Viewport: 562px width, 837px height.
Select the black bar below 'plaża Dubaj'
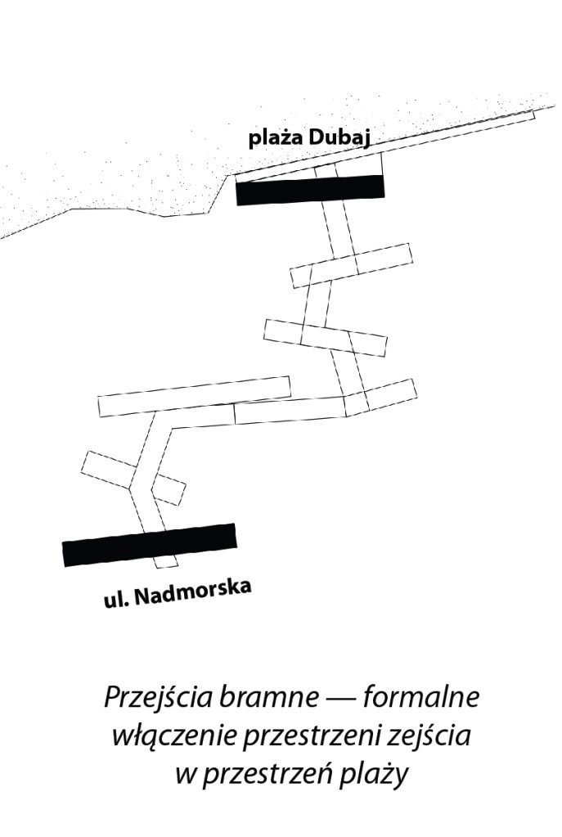310,190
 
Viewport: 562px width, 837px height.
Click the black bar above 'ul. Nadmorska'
149,544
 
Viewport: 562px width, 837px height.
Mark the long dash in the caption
336,701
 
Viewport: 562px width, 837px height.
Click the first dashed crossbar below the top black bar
352,265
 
